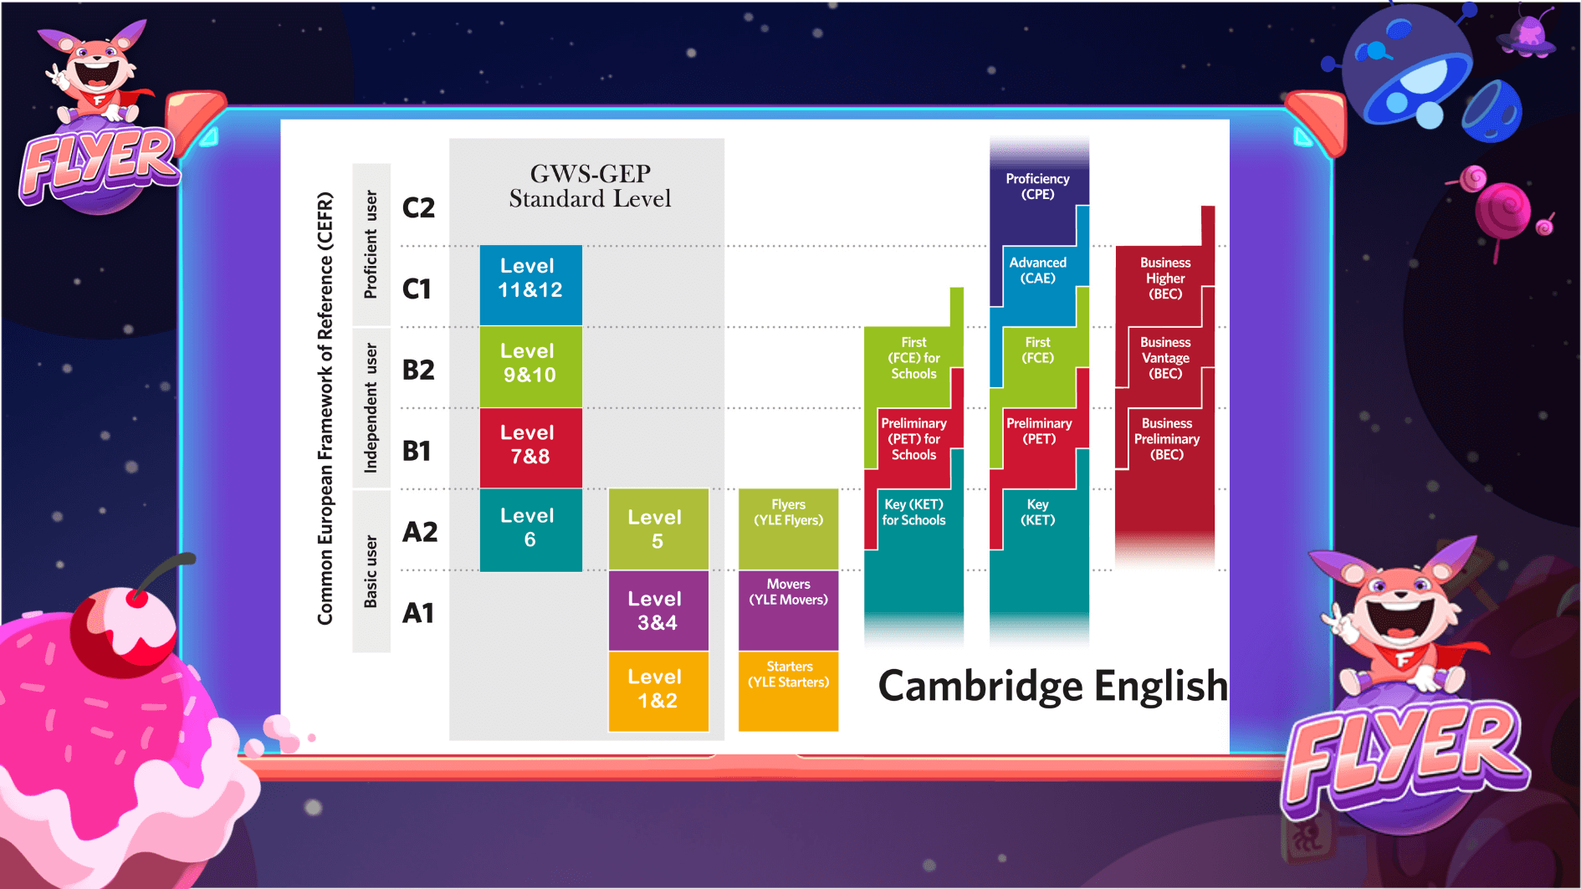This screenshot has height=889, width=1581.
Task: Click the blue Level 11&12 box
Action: tap(530, 284)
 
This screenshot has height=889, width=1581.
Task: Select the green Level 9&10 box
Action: tap(530, 366)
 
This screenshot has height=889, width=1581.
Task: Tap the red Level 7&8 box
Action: tap(530, 447)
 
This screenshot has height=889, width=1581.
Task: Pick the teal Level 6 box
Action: tap(530, 529)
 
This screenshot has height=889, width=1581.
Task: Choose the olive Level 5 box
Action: tap(657, 529)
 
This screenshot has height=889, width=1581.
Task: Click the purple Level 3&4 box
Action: tap(657, 611)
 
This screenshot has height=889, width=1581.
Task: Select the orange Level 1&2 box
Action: tap(657, 690)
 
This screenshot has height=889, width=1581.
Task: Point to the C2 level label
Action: tap(418, 207)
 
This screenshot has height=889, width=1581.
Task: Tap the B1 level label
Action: tap(417, 451)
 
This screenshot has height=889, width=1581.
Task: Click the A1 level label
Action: tap(418, 613)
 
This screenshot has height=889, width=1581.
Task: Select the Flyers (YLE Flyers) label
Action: tap(788, 512)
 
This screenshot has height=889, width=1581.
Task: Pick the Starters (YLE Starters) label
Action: tap(788, 674)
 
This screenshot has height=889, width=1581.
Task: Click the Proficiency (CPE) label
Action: tap(1037, 186)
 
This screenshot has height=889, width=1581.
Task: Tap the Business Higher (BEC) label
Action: tap(1165, 278)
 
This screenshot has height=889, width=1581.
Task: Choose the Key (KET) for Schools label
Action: tap(913, 512)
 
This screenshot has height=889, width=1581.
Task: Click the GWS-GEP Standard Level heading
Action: tap(590, 186)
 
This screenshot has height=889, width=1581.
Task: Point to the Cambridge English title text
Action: tap(1052, 686)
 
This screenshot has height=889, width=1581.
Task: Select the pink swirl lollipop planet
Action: tap(1502, 209)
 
